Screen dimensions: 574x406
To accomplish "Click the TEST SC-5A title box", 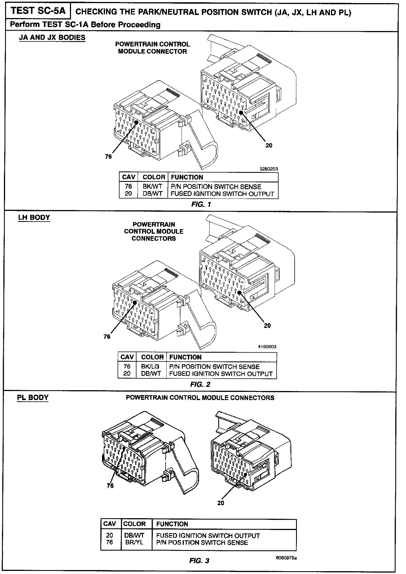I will tap(38, 11).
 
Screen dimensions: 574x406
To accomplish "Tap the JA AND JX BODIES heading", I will tap(52, 37).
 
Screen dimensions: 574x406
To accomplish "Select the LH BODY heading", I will tap(34, 217).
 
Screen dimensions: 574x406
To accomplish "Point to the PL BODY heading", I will tap(33, 398).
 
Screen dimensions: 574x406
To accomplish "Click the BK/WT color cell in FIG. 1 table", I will tap(153, 187).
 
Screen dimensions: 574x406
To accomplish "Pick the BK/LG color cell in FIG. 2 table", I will tap(150, 367).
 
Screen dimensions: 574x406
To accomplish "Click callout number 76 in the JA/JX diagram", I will tap(108, 157).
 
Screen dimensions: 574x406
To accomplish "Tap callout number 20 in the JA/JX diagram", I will tap(269, 145).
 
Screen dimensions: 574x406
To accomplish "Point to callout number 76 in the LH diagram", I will tap(107, 336).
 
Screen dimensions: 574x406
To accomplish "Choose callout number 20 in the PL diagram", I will tap(220, 503).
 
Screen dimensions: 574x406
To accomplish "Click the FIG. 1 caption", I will tap(201, 204).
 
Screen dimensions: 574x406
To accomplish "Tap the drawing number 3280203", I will tap(269, 169).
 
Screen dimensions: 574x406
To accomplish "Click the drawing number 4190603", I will tap(267, 347).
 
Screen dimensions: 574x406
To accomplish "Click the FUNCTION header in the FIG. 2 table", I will tap(185, 357).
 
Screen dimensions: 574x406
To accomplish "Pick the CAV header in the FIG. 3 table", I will tap(110, 524).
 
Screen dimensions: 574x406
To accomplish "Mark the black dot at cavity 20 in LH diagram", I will tap(239, 292).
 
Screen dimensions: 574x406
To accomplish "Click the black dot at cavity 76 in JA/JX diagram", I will tap(136, 122).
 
